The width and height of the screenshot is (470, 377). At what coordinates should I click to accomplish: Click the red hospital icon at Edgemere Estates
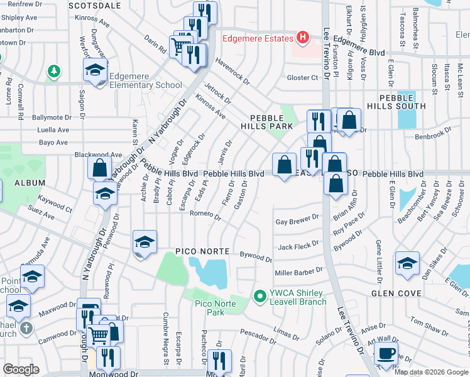[303, 38]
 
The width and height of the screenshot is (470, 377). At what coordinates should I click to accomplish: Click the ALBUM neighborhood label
[30, 183]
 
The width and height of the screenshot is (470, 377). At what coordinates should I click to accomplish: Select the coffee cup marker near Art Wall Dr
[386, 352]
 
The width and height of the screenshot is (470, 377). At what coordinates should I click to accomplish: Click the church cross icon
[26, 328]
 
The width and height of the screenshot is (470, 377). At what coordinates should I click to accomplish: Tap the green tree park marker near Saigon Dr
[55, 70]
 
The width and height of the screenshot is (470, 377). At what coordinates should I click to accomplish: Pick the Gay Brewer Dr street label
[297, 221]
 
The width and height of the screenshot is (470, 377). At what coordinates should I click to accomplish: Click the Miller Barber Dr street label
[298, 271]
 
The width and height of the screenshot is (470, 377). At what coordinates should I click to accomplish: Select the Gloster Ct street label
[302, 78]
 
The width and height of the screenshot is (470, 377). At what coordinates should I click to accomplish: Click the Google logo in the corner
[21, 369]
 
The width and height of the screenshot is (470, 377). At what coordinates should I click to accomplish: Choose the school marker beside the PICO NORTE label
[144, 243]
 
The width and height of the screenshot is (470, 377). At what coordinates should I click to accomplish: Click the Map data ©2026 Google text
[431, 372]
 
